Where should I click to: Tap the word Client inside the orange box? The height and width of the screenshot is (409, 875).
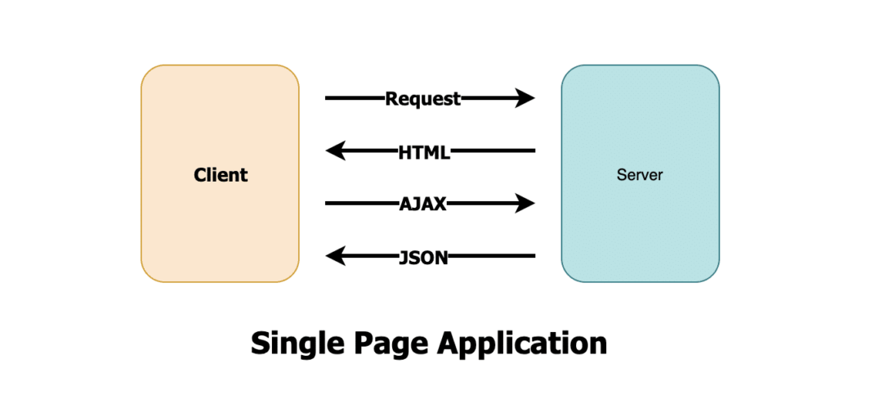[x=220, y=174]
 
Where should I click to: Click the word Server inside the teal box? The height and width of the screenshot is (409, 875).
[x=640, y=174]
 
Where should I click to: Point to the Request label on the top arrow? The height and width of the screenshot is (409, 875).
[x=422, y=99]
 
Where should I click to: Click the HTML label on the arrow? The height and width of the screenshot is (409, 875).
[x=424, y=151]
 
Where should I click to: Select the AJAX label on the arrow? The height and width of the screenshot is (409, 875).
[x=422, y=204]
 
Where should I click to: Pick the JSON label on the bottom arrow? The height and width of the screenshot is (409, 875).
[x=422, y=257]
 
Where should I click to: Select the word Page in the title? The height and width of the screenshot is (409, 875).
[x=388, y=343]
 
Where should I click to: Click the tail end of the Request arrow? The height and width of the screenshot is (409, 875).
[x=328, y=99]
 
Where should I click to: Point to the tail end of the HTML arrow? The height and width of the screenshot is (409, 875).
[x=532, y=151]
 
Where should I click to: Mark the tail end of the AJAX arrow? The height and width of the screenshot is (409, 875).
[x=328, y=204]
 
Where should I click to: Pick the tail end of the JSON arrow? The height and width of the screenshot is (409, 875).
[x=532, y=257]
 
